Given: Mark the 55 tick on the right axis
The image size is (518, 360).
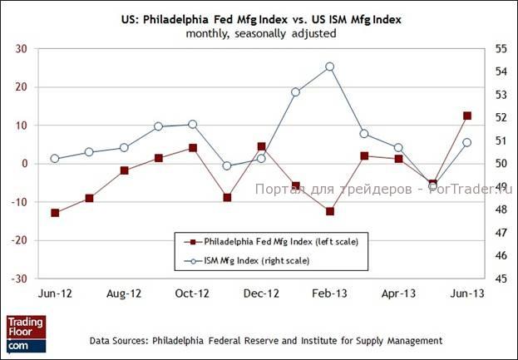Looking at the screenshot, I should pyautogui.click(x=500, y=49).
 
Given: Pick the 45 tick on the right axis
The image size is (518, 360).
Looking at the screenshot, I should pyautogui.click(x=500, y=279).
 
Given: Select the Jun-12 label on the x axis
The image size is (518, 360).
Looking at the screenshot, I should pyautogui.click(x=55, y=293).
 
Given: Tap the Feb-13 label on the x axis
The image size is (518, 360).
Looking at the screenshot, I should pyautogui.click(x=329, y=293).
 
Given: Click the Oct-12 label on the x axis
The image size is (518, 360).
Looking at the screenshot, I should pyautogui.click(x=192, y=293).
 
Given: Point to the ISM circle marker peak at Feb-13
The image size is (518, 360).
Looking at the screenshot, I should pyautogui.click(x=329, y=67).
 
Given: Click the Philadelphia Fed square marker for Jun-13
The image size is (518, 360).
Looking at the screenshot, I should pyautogui.click(x=467, y=116).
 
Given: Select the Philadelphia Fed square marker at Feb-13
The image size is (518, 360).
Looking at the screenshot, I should pyautogui.click(x=329, y=211).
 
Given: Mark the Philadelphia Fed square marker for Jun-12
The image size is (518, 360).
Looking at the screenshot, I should pyautogui.click(x=55, y=213).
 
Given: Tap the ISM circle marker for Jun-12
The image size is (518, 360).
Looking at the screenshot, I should pyautogui.click(x=55, y=158).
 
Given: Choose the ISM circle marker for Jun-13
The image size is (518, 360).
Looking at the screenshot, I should pyautogui.click(x=467, y=142).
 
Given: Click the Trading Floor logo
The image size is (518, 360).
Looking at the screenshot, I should pyautogui.click(x=25, y=333).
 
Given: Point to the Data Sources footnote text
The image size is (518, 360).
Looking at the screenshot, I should pyautogui.click(x=266, y=341).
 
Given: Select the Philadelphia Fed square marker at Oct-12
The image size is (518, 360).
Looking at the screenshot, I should pyautogui.click(x=192, y=148).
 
